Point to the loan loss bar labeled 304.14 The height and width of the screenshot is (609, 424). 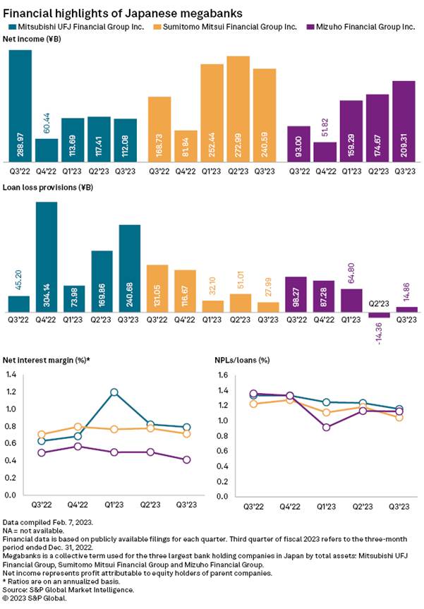(47, 257)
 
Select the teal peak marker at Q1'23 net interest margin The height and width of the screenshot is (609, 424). (114, 392)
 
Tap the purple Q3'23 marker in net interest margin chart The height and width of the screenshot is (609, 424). (187, 459)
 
